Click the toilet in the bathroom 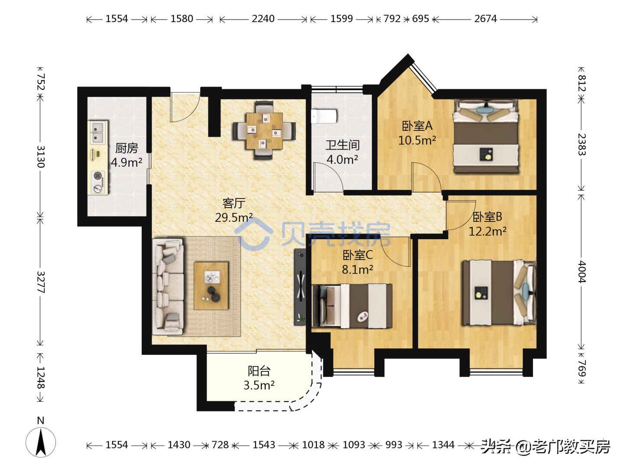pos(324,116)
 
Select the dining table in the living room pos(264,131)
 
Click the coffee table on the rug pos(211,286)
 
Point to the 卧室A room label pos(417,126)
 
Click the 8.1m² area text pos(357,269)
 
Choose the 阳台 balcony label pos(259,371)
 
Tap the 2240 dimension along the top pos(263,19)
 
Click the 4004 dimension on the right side pos(582,272)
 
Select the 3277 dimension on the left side pos(41,282)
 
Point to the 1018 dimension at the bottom pos(313,445)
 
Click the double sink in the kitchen pos(97,133)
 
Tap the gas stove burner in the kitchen pos(98,182)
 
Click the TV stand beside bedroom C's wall pos(300,287)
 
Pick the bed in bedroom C pos(352,306)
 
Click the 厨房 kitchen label pos(127,148)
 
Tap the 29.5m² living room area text pos(234,218)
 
